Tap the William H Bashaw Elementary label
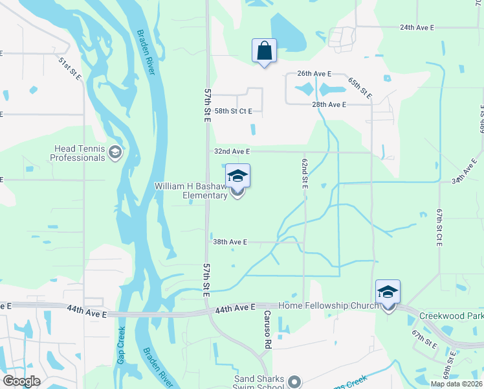[x=191, y=191]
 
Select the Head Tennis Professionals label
[x=77, y=153]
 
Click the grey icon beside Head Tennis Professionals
[x=115, y=152]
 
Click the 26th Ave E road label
[x=314, y=74]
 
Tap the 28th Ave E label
[x=329, y=104]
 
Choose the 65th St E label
[x=361, y=88]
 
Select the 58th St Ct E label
[x=233, y=112]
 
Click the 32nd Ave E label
[x=232, y=151]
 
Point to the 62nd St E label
[x=303, y=172]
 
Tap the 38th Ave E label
[x=230, y=242]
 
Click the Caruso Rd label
[x=266, y=329]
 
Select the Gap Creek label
[x=121, y=344]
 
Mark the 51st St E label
[x=69, y=68]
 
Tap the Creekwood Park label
[x=451, y=315]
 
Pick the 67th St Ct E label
[x=439, y=226]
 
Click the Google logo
[x=21, y=381]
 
